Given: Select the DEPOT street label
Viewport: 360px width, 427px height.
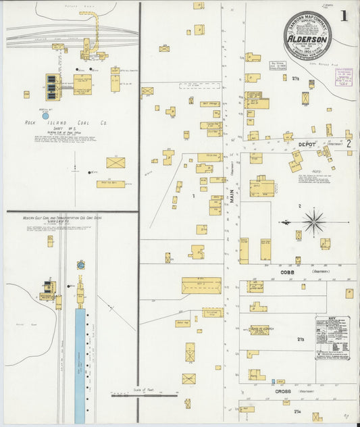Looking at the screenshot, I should click(x=307, y=143).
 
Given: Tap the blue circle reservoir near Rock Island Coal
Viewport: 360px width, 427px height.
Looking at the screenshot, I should click(x=45, y=116).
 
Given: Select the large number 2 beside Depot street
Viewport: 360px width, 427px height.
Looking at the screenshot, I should click(x=349, y=144).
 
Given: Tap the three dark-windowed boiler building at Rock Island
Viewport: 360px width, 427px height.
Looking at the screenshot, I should click(x=52, y=86).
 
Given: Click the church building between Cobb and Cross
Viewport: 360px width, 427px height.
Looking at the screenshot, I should click(x=259, y=330).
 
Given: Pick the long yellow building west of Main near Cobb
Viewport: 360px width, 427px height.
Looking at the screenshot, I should click(x=201, y=285).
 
